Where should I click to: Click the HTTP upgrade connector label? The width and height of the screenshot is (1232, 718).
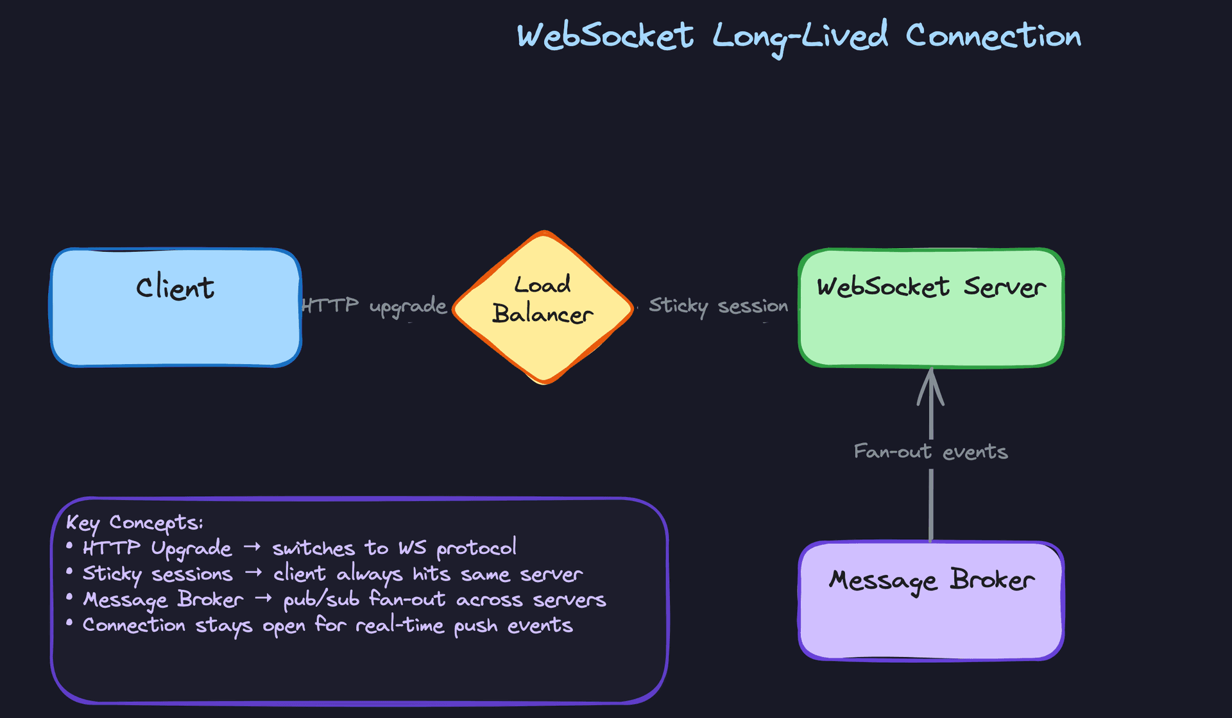[x=374, y=306]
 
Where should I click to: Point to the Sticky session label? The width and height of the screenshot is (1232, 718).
[x=718, y=306]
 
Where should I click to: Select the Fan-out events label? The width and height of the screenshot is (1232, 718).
[x=930, y=452]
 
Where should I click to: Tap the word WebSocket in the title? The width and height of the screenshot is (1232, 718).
[x=605, y=36]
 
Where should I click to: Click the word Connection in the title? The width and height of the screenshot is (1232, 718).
[x=993, y=36]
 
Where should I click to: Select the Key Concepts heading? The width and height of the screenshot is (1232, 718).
[x=135, y=522]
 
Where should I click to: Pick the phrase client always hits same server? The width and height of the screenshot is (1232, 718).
[x=428, y=574]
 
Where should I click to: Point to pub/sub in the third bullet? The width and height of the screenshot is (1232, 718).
[x=321, y=600]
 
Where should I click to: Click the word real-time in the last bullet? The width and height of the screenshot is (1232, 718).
[x=399, y=625]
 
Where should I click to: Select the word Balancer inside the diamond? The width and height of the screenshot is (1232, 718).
[x=543, y=314]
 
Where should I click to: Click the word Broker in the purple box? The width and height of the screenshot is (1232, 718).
[x=992, y=580]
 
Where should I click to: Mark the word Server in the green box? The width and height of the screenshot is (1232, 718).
[x=1004, y=287]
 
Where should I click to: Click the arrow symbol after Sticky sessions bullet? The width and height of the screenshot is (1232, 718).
[x=253, y=572]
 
